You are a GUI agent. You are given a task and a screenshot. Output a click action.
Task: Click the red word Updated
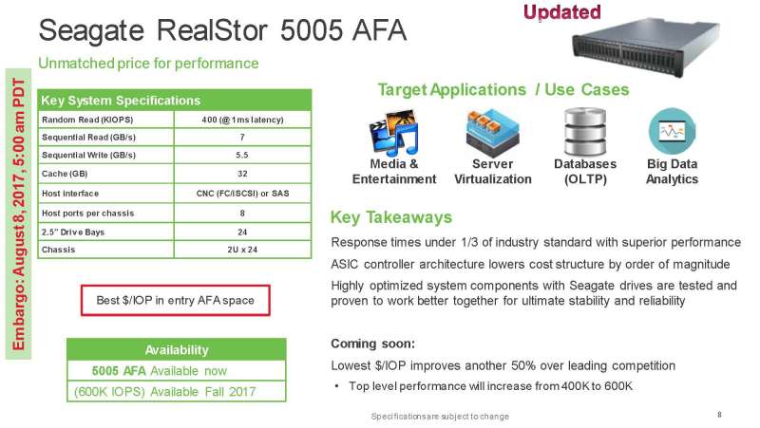pos(562,12)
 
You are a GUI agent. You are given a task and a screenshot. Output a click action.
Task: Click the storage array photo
pos(645,47)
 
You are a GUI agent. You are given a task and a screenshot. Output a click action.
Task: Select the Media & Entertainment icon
pos(393,132)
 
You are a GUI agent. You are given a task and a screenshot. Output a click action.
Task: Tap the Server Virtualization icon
pos(492,132)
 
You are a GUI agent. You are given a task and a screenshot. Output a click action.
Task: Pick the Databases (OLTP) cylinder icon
pos(585,132)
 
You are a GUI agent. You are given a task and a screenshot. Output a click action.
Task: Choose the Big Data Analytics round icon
pos(672,131)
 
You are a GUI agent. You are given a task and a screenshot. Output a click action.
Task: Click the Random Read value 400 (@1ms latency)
pos(242,120)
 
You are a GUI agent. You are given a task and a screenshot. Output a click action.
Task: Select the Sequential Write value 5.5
pos(242,155)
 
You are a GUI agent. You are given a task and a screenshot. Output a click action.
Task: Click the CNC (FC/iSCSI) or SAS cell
pos(242,194)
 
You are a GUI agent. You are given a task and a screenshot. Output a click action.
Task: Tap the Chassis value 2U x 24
pos(242,250)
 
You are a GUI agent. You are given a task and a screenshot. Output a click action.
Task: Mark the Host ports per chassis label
pos(87,213)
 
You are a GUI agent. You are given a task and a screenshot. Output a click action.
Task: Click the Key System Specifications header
pos(121,101)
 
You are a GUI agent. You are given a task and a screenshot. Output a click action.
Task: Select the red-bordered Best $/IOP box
pos(175,301)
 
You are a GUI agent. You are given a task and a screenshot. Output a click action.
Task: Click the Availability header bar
pos(177,349)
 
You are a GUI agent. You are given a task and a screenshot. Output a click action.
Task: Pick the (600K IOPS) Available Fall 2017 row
pos(164,391)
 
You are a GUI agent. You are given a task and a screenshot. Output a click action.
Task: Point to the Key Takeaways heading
pos(391,217)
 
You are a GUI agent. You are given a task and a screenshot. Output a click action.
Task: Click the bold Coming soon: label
pos(372,344)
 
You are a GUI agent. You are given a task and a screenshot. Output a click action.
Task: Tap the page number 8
pos(719,415)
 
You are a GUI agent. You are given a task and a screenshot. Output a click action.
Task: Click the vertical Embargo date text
pos(18,214)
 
